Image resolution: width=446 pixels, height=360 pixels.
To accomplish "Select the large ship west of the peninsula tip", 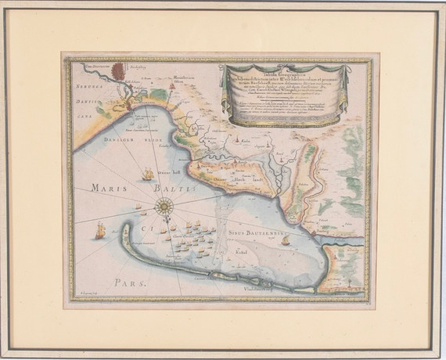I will point(99,232).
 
